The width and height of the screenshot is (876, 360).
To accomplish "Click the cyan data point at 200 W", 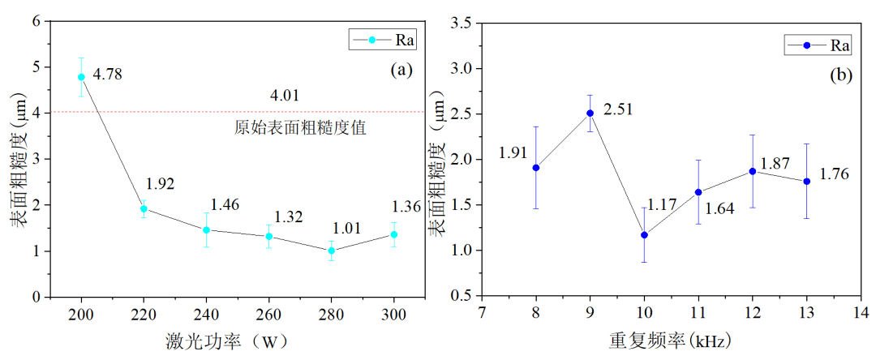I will tap(81, 77).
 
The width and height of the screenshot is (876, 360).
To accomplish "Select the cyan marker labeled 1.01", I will tap(331, 251).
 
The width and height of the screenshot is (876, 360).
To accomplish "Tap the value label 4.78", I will tap(109, 75).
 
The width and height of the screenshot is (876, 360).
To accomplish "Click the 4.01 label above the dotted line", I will tap(285, 96).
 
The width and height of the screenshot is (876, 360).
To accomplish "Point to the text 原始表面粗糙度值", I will tap(289, 127).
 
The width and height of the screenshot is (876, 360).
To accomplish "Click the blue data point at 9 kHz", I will tap(590, 114).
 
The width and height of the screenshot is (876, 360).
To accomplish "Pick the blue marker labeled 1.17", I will tap(644, 235).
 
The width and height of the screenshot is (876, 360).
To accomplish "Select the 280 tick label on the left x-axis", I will tap(331, 315).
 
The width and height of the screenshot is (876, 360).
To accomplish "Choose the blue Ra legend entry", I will tap(818, 45).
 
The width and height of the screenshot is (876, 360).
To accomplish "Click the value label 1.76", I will tap(835, 174).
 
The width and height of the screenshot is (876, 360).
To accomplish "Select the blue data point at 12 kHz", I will tap(753, 171).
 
